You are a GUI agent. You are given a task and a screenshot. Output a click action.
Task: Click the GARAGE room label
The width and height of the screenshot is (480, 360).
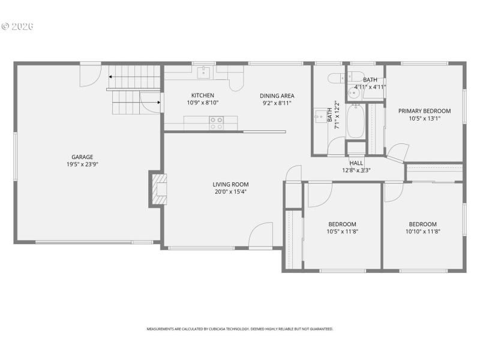click(83, 157)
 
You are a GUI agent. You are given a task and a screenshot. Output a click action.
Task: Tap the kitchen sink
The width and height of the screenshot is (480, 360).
click(203, 73)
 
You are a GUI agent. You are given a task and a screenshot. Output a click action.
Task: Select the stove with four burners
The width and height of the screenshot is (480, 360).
click(216, 123)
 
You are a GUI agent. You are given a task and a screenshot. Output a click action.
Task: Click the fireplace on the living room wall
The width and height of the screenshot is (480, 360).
click(158, 190)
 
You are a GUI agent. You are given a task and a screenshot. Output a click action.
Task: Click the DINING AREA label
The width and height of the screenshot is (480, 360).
click(277, 96)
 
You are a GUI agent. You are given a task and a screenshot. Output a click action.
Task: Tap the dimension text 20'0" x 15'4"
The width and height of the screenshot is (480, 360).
click(230, 192)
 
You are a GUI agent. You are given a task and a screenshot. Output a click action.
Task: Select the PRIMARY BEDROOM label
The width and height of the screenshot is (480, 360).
click(424, 111)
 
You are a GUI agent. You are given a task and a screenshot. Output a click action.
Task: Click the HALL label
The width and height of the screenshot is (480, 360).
click(356, 163)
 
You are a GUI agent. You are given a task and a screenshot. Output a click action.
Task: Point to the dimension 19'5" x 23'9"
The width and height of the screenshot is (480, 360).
click(83, 164)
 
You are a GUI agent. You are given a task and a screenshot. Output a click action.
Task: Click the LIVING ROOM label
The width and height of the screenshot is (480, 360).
click(230, 185)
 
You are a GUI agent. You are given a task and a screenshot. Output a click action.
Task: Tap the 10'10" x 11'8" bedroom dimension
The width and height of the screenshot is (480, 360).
click(423, 231)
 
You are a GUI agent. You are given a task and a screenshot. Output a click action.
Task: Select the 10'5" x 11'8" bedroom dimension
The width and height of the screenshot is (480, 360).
click(343, 231)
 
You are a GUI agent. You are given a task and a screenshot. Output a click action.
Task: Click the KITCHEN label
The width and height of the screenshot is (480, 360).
click(202, 96)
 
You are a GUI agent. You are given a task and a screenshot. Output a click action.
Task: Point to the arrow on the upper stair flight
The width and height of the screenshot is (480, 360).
click(112, 77)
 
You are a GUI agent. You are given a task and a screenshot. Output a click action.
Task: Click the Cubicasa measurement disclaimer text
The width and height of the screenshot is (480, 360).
click(240, 329)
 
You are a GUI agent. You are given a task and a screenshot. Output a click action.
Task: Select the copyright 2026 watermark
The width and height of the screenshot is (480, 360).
click(18, 26)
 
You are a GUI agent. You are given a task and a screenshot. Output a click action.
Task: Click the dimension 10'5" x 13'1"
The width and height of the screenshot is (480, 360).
click(424, 118)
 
